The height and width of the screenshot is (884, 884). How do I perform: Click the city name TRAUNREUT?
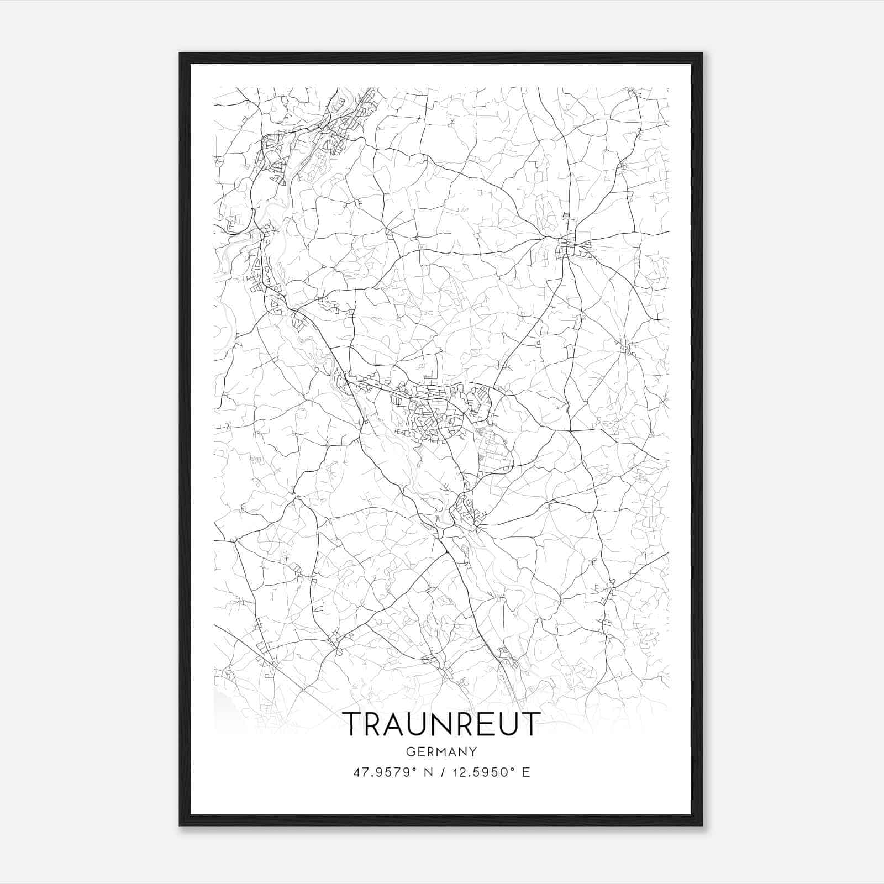click(440, 723)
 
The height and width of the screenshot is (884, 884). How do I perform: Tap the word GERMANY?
click(441, 751)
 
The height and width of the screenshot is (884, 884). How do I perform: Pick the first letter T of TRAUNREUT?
click(353, 723)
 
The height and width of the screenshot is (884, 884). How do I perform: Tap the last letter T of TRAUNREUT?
click(529, 723)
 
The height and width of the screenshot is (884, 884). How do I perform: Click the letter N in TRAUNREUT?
click(441, 723)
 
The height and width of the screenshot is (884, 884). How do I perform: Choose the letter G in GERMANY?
click(410, 751)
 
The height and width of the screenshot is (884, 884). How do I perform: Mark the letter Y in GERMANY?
click(473, 751)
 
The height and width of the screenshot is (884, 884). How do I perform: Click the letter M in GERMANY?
click(441, 751)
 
